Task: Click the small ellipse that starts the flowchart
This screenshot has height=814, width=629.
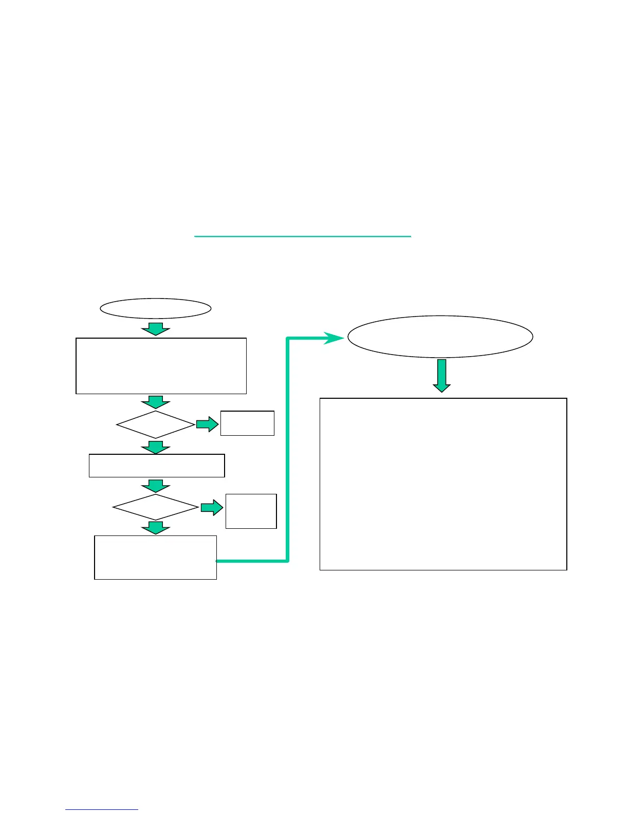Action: click(x=155, y=308)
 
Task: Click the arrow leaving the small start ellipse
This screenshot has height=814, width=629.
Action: click(x=156, y=329)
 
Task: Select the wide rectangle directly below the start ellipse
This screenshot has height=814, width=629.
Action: click(x=161, y=366)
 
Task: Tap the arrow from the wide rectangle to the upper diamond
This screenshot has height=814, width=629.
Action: click(x=156, y=402)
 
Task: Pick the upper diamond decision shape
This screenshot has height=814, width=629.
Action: click(x=156, y=424)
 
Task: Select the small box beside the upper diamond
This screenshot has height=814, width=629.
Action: click(x=247, y=423)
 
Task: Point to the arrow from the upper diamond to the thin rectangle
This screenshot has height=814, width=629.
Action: click(x=156, y=447)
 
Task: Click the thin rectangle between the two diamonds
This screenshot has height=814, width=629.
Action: click(x=157, y=466)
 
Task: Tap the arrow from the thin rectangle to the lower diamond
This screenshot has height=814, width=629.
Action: click(x=156, y=486)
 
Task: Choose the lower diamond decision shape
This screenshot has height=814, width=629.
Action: click(x=156, y=507)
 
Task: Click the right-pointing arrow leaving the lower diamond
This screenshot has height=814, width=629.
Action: click(x=211, y=508)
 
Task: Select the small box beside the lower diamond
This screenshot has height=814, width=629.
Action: click(x=251, y=511)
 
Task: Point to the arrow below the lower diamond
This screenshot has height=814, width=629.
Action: click(x=156, y=528)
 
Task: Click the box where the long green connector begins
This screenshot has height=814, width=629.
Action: click(x=155, y=558)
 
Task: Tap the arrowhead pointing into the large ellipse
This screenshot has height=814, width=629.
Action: click(x=334, y=338)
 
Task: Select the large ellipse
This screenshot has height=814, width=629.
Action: click(x=440, y=337)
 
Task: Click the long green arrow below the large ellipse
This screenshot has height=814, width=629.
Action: click(x=441, y=375)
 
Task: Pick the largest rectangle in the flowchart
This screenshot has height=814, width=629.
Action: click(x=443, y=484)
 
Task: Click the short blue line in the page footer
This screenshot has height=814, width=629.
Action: click(x=102, y=810)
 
